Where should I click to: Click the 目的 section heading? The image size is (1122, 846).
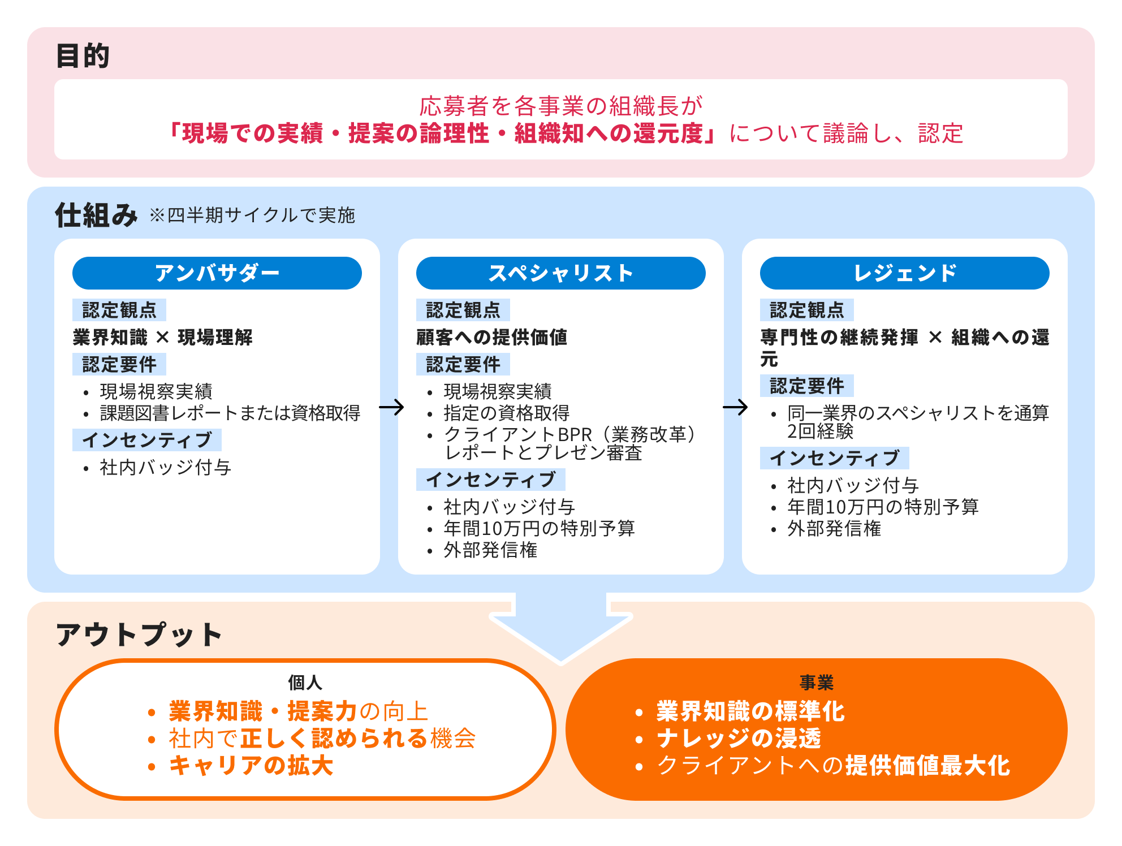click(83, 56)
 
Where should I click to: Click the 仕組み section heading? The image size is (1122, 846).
click(96, 215)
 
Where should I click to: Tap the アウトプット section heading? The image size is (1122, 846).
click(139, 634)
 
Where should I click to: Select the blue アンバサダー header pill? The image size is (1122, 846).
click(217, 273)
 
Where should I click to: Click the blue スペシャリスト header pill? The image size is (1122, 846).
click(561, 273)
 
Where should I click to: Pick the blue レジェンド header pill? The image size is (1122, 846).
click(905, 273)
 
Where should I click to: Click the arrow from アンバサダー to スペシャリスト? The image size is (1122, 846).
click(391, 407)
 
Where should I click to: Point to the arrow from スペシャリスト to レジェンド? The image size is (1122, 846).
click(735, 407)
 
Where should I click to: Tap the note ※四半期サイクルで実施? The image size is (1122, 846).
click(252, 215)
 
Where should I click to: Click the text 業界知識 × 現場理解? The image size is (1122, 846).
click(163, 338)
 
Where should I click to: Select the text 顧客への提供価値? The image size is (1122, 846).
click(492, 338)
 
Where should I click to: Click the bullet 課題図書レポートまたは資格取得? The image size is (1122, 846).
click(230, 413)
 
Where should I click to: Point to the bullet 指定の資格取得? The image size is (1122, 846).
click(507, 413)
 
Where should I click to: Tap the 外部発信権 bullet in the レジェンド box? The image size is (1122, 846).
click(834, 529)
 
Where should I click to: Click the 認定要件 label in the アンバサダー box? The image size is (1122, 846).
click(119, 364)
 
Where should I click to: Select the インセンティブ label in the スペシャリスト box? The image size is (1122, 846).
click(491, 480)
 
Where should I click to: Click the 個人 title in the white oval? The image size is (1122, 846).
click(305, 683)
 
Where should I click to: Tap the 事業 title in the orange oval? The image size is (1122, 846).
click(817, 683)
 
